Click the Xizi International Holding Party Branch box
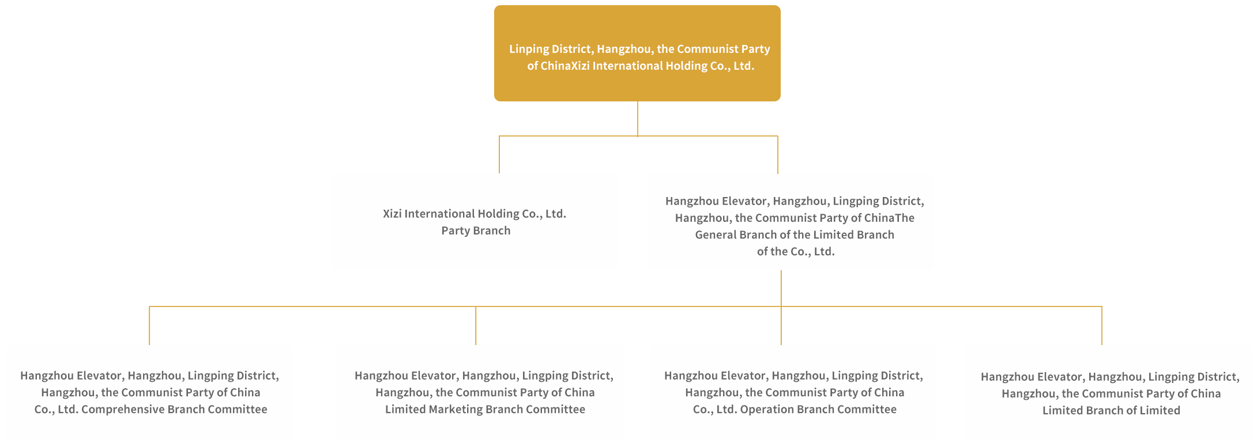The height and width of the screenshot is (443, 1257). pos(474,222)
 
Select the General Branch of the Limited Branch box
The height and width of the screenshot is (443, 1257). pos(790,222)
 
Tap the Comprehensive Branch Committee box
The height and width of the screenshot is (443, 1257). pos(149,393)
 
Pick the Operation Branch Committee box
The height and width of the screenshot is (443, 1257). pos(793,393)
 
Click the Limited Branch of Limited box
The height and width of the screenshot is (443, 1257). pos(1110,393)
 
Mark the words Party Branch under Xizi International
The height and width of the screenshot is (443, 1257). pos(476,231)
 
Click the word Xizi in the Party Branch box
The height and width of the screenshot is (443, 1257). pos(392,214)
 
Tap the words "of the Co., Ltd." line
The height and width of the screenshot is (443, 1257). pos(796,252)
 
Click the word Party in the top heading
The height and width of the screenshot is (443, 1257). pos(755,50)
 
